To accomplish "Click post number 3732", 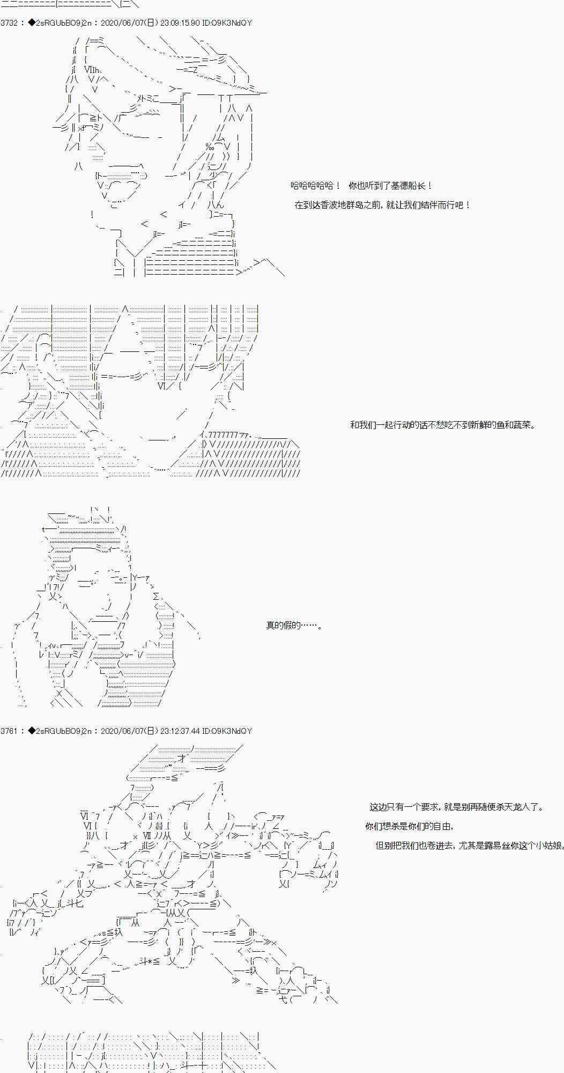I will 10,23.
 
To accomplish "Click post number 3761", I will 10,731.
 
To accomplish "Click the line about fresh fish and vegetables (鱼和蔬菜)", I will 442,425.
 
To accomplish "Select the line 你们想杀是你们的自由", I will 410,826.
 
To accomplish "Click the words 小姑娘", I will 550,846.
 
